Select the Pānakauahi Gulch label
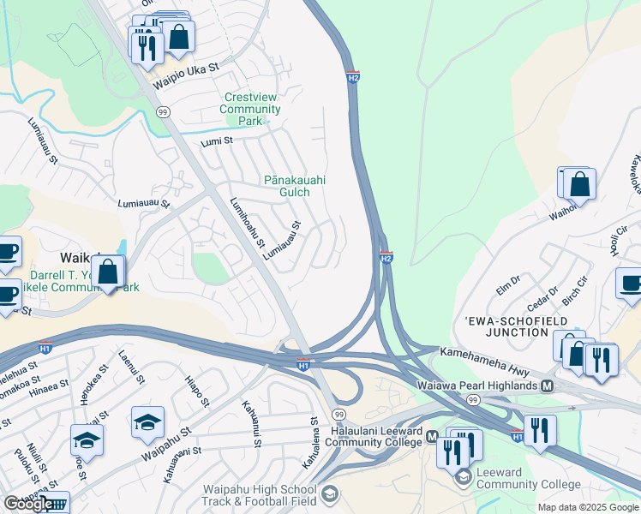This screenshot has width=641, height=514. [x=294, y=186]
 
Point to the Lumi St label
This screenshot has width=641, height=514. [x=217, y=140]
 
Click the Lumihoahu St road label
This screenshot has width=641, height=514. [x=248, y=223]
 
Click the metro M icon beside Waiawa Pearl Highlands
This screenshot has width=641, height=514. [x=547, y=386]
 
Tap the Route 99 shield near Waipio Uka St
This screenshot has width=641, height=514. [x=164, y=112]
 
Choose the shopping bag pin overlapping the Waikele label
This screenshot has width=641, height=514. [x=109, y=273]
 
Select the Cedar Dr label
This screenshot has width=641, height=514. [x=542, y=296]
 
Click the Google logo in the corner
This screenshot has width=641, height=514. [x=28, y=505]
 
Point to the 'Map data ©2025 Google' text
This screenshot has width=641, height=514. [x=587, y=507]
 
